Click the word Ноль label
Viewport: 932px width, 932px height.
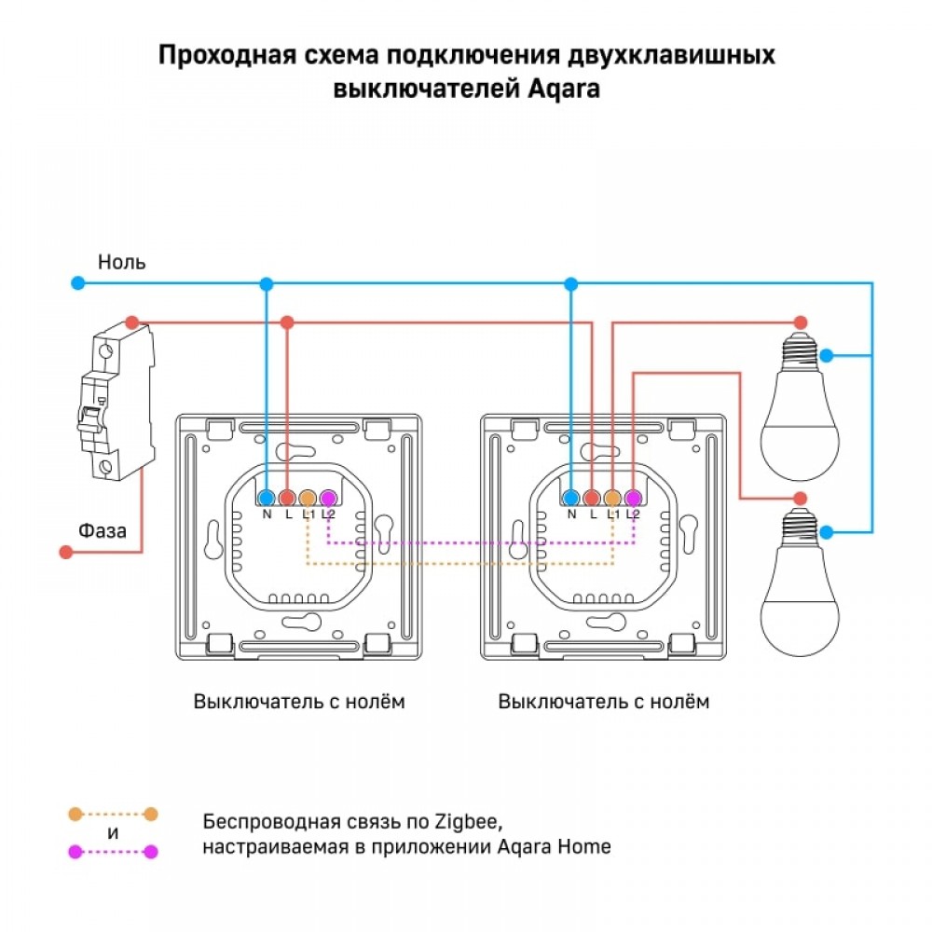click(122, 262)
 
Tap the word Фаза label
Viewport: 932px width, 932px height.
click(103, 530)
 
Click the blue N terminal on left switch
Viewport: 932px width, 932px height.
click(267, 498)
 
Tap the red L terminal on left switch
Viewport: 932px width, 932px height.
click(287, 498)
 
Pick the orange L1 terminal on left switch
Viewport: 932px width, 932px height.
click(308, 498)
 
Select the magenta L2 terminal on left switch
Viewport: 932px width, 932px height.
click(328, 498)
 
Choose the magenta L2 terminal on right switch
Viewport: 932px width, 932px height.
click(634, 498)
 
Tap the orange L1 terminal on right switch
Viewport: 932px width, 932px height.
click(613, 498)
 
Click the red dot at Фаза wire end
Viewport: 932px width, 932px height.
click(65, 552)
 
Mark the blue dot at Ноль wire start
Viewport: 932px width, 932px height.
click(79, 282)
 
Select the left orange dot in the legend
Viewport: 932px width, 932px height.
click(75, 814)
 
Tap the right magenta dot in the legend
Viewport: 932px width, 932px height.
click(151, 851)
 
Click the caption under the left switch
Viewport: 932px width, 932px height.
click(299, 701)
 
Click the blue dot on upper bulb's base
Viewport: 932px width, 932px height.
click(826, 355)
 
